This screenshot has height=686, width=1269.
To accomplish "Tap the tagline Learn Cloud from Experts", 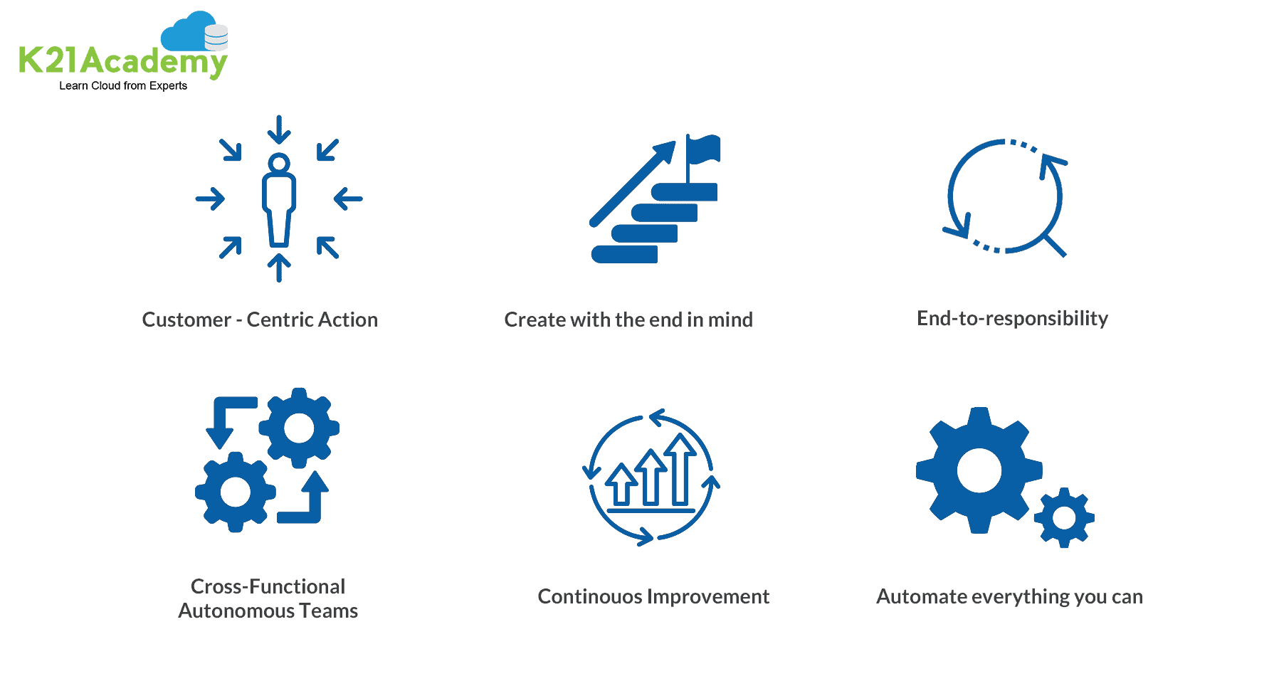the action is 123,85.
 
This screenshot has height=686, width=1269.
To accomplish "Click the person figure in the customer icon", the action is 279,200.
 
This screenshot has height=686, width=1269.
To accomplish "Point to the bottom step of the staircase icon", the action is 625,254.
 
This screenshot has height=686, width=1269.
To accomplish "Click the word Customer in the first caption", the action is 186,320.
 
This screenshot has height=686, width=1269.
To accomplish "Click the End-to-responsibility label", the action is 1012,318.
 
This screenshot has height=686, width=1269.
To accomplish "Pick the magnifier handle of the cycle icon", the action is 1054,245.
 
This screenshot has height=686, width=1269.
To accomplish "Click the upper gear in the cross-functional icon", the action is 299,428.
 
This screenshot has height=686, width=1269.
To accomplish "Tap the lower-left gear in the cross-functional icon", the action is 236,492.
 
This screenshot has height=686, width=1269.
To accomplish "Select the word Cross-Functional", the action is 268,586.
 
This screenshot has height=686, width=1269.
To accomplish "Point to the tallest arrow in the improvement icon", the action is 680,469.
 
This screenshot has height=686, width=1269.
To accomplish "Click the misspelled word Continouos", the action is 590,596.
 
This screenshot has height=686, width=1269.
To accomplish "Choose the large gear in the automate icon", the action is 979,470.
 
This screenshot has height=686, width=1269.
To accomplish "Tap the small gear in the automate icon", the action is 1064,517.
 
